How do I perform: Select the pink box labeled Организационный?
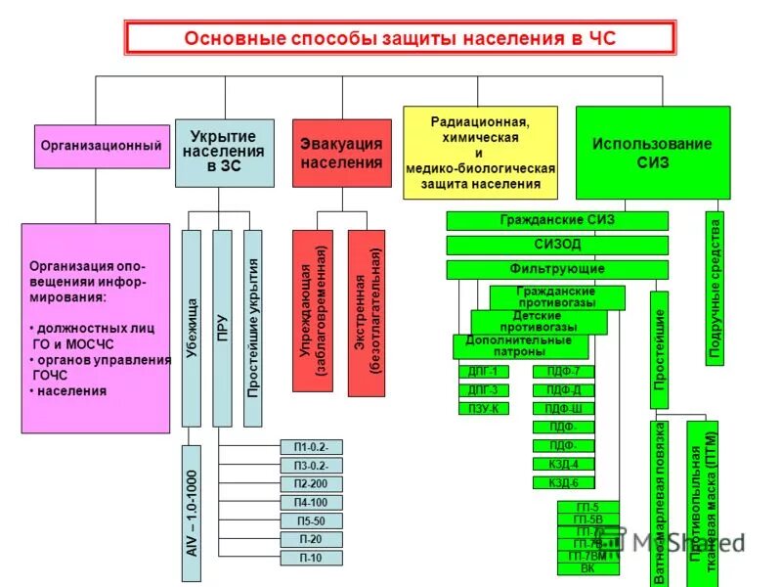point(101,146)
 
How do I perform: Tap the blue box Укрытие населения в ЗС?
point(224,153)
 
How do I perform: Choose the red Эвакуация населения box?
point(341,153)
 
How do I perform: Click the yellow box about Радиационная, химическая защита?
point(480,153)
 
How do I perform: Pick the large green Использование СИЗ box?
point(652,153)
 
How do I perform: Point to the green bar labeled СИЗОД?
point(557,245)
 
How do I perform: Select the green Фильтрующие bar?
point(557,269)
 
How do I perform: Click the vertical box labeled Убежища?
point(192,328)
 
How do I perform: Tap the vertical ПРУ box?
point(222,328)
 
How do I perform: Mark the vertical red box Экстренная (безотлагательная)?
point(366,312)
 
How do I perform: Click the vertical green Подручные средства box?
point(715,288)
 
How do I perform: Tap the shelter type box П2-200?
point(311,484)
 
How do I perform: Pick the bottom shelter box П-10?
point(311,558)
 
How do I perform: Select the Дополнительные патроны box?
point(520,346)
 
